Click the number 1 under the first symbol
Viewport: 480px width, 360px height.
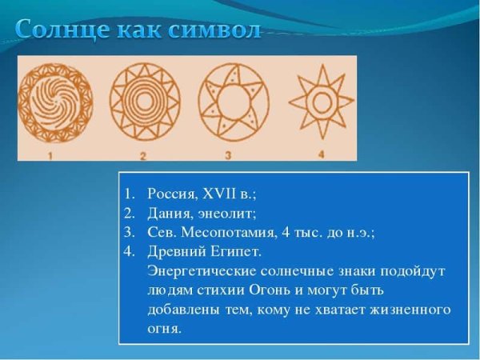click(x=50, y=154)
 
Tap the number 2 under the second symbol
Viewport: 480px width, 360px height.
click(x=143, y=154)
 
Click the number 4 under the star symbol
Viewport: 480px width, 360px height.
click(x=320, y=152)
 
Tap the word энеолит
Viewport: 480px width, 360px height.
click(x=227, y=213)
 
